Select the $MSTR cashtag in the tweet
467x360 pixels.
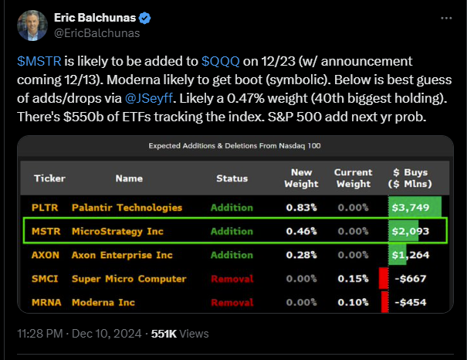(34, 61)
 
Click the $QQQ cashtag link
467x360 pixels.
(220, 61)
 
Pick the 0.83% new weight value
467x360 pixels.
(301, 208)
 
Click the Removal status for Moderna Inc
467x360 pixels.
(232, 302)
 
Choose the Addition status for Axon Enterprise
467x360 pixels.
(232, 255)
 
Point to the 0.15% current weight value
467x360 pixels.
(353, 279)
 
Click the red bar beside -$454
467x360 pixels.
(384, 302)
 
